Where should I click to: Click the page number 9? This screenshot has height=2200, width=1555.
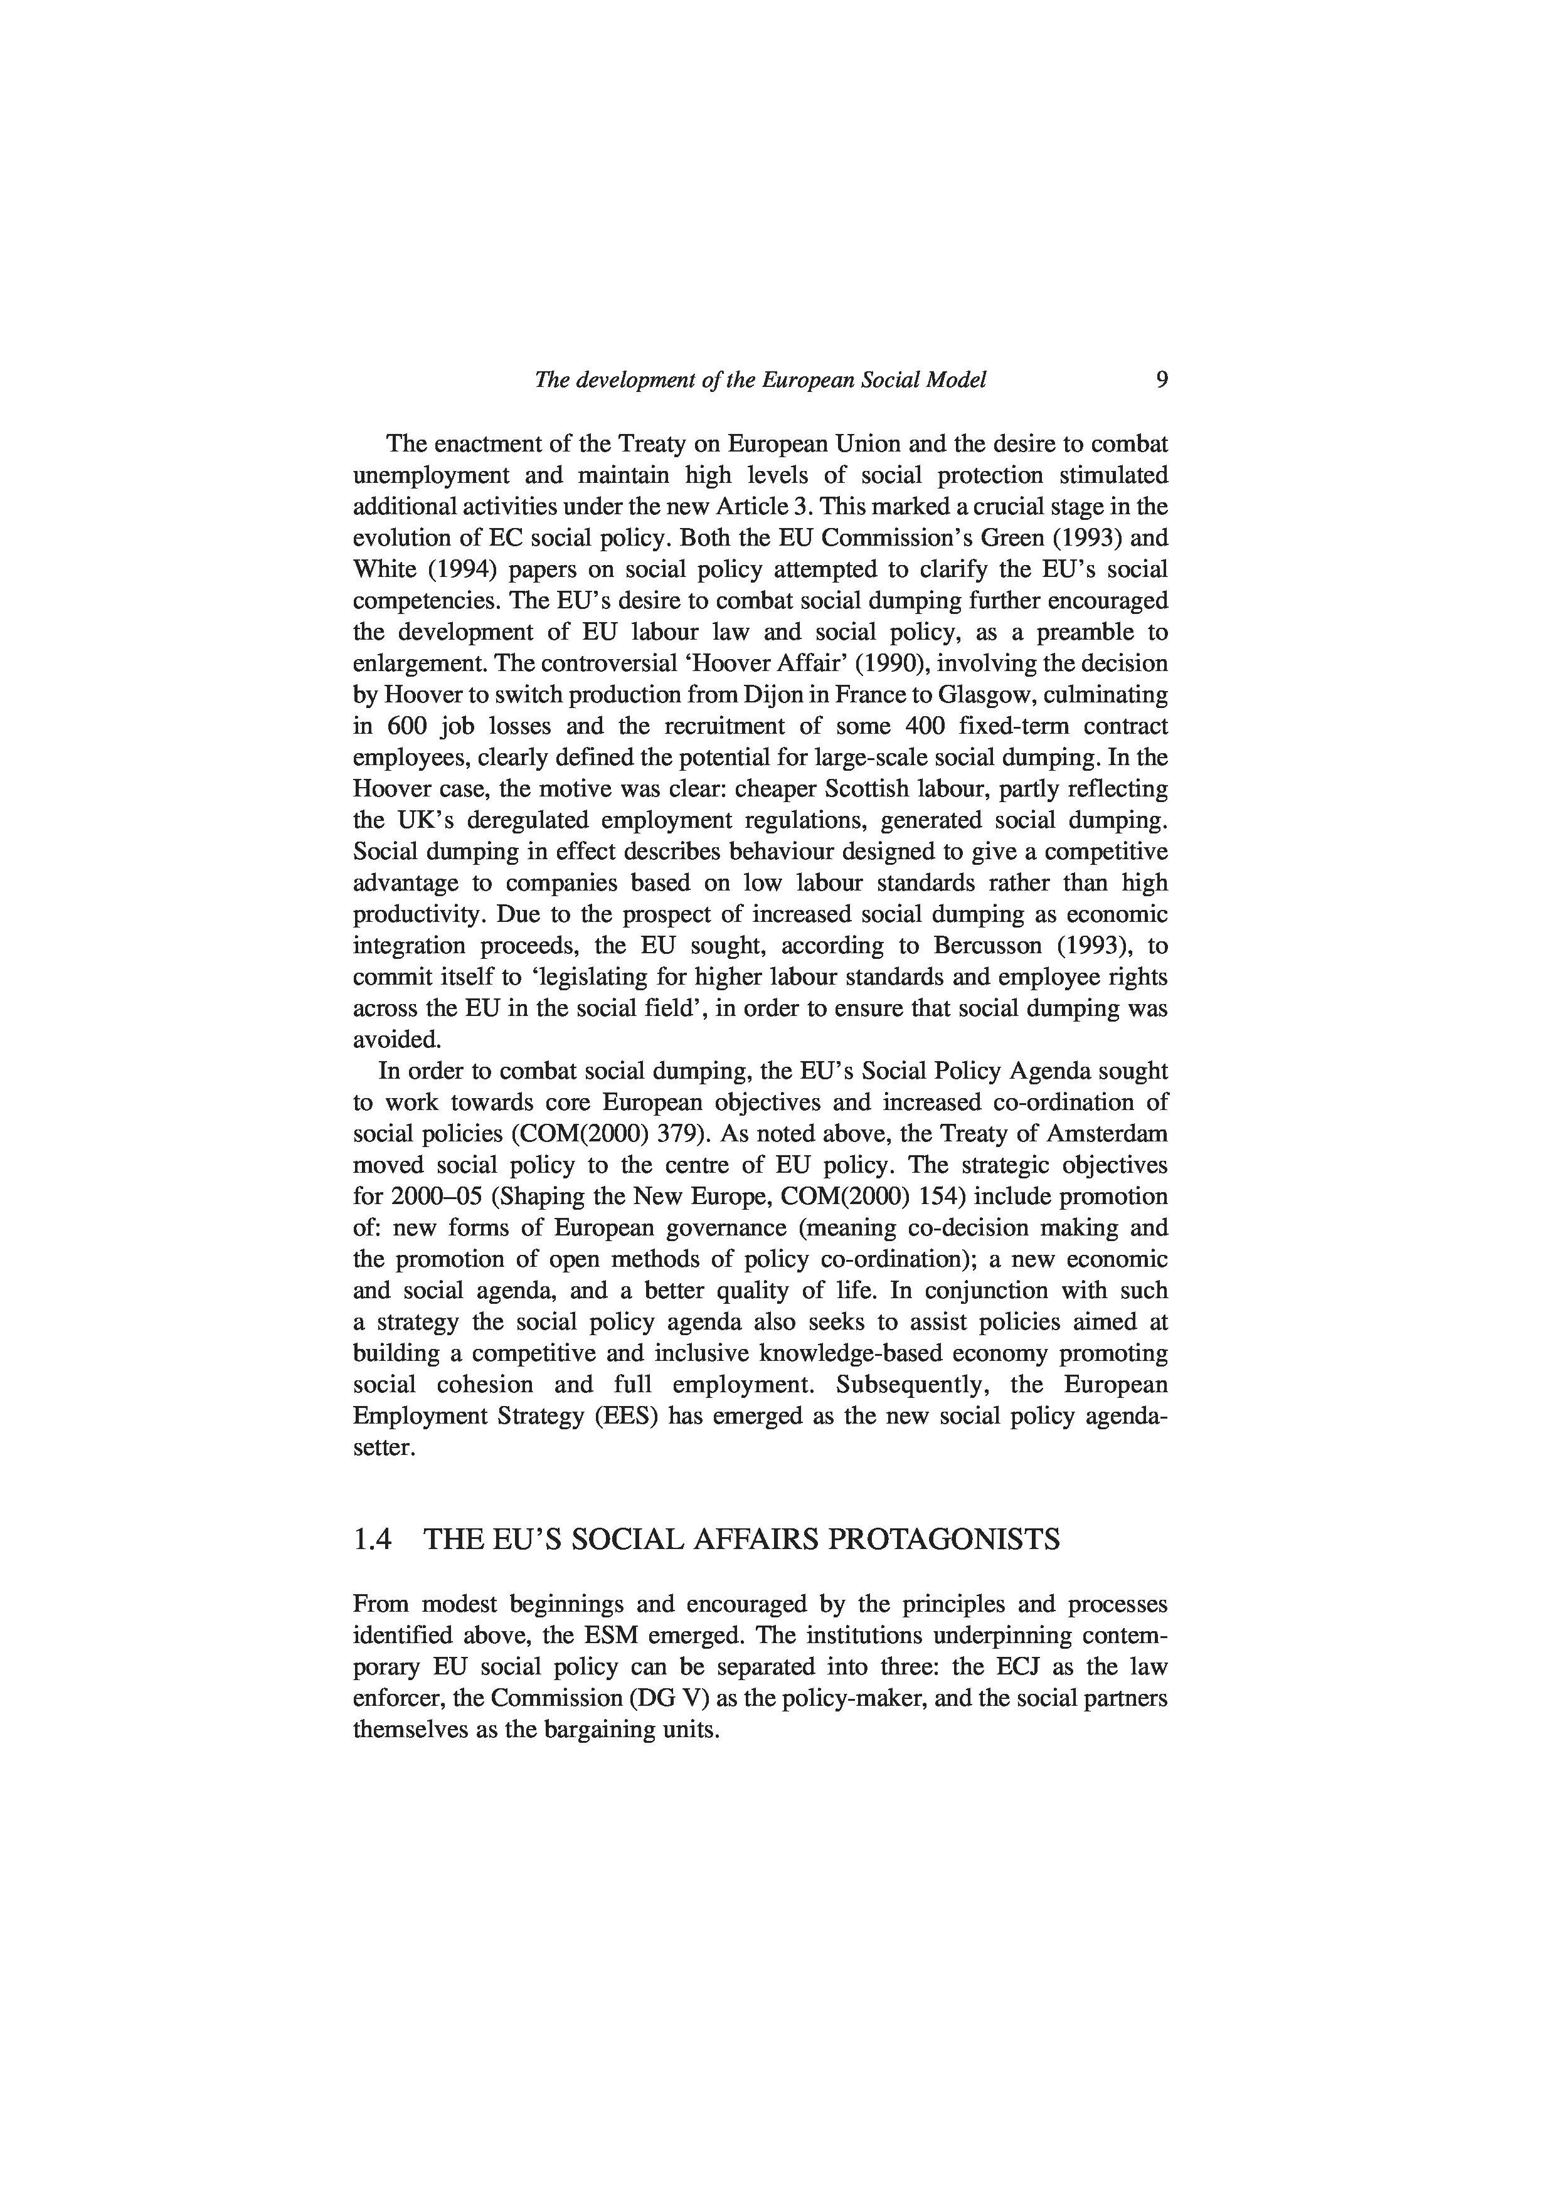[x=1161, y=381]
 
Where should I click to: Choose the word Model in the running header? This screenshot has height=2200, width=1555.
[x=955, y=381]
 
